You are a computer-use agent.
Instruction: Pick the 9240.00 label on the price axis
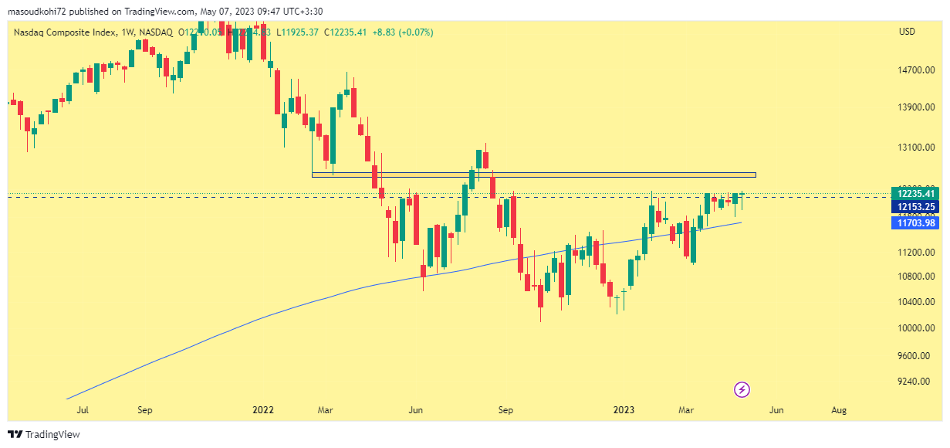click(x=916, y=382)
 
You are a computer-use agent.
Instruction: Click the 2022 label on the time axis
click(x=264, y=410)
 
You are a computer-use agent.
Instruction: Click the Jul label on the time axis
click(x=83, y=410)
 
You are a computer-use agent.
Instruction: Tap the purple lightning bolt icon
click(x=742, y=389)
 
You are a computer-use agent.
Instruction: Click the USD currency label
click(x=907, y=32)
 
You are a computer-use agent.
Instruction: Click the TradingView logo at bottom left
click(x=44, y=435)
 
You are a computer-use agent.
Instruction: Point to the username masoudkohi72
click(x=38, y=12)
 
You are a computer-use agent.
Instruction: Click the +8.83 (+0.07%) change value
click(x=404, y=32)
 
